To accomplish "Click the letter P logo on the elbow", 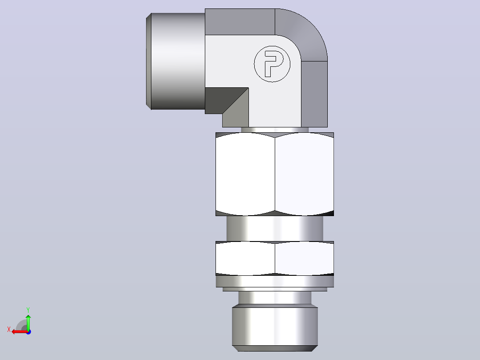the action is [272, 64].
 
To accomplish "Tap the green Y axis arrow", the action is [28, 322].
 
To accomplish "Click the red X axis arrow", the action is [20, 332].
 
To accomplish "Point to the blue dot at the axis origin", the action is [28, 332].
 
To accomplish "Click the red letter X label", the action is [9, 330].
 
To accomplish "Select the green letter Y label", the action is [28, 310].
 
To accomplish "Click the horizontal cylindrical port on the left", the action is [178, 61].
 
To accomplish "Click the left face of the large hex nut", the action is [245, 174].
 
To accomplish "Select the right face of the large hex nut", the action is [304, 174].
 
